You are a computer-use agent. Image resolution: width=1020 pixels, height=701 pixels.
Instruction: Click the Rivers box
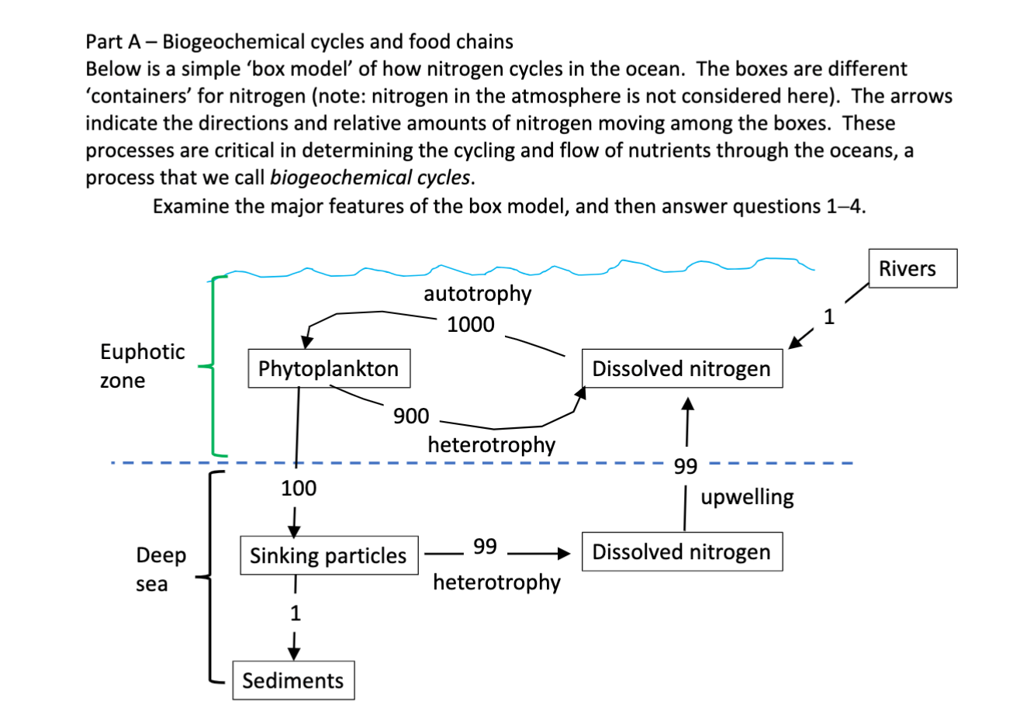click(x=913, y=268)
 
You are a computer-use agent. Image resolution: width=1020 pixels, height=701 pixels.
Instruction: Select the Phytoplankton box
click(x=328, y=368)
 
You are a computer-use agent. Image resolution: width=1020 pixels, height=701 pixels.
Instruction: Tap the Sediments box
click(x=293, y=680)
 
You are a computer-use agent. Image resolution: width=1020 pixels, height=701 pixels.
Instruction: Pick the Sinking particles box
click(x=328, y=555)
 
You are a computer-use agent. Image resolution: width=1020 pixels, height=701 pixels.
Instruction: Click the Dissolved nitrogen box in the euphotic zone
click(x=681, y=368)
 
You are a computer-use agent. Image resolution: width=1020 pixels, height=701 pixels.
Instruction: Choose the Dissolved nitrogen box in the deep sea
click(x=681, y=552)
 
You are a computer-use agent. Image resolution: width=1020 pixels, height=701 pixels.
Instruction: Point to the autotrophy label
click(x=477, y=294)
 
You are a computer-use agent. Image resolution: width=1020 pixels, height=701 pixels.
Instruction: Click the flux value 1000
click(x=470, y=324)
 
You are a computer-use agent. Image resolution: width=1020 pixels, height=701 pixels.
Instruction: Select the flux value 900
click(x=410, y=416)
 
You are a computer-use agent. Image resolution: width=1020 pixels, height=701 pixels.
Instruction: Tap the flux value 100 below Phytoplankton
click(x=299, y=489)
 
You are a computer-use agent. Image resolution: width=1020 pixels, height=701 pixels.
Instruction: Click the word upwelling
click(x=747, y=497)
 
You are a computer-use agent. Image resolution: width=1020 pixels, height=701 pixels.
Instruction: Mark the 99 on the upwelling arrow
click(x=686, y=465)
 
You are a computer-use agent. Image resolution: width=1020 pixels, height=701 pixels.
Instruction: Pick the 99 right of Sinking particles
click(x=485, y=546)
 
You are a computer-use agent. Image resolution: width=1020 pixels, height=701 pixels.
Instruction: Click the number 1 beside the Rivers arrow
click(x=829, y=316)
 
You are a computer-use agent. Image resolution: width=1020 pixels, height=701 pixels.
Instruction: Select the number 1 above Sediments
click(x=294, y=613)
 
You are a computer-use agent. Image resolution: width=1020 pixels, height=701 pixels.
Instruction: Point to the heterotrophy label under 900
click(x=491, y=444)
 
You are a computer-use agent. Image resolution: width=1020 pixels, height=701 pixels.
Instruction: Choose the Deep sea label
click(x=161, y=569)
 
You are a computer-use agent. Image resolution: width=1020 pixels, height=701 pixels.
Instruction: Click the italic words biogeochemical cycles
click(x=369, y=177)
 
